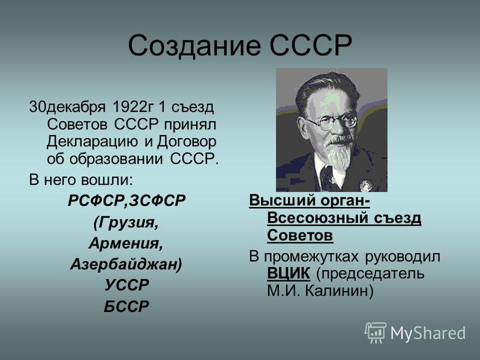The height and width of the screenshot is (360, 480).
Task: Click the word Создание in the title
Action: tap(194, 46)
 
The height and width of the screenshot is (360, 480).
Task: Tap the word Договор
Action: tap(187, 142)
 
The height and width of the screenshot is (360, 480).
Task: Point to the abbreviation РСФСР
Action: tap(97, 201)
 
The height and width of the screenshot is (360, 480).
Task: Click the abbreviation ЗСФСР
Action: tap(157, 201)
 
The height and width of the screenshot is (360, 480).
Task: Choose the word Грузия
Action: tap(126, 222)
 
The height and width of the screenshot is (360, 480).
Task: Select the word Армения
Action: tap(126, 244)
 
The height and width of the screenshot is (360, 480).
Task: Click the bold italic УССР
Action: tap(127, 284)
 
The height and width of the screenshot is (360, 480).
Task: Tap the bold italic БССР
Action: tap(127, 306)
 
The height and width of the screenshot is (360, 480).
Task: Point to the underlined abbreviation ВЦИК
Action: tap(289, 273)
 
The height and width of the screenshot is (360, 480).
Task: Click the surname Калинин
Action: tap(339, 291)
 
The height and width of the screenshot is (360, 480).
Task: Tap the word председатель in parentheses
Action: tap(370, 274)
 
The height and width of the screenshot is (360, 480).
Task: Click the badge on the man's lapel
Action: tap(365, 186)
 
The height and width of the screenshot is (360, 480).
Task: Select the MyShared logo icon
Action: tap(375, 332)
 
